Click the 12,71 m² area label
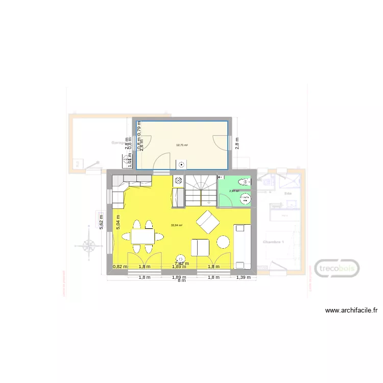(181, 145)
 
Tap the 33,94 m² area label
(177, 225)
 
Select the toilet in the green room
(244, 182)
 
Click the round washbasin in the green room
(246, 200)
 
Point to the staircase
(200, 190)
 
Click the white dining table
(143, 236)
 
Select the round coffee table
(223, 242)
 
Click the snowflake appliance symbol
(178, 180)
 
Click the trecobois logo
(337, 269)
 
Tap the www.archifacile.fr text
(351, 310)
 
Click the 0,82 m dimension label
(119, 267)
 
